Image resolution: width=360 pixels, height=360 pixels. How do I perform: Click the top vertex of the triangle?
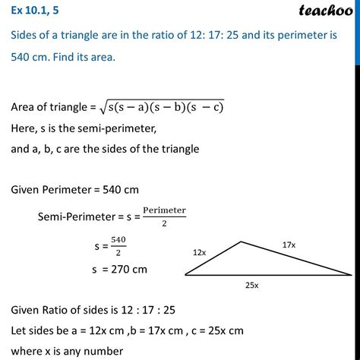click(241, 242)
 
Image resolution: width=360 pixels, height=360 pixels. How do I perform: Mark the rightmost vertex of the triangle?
click(352, 274)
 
